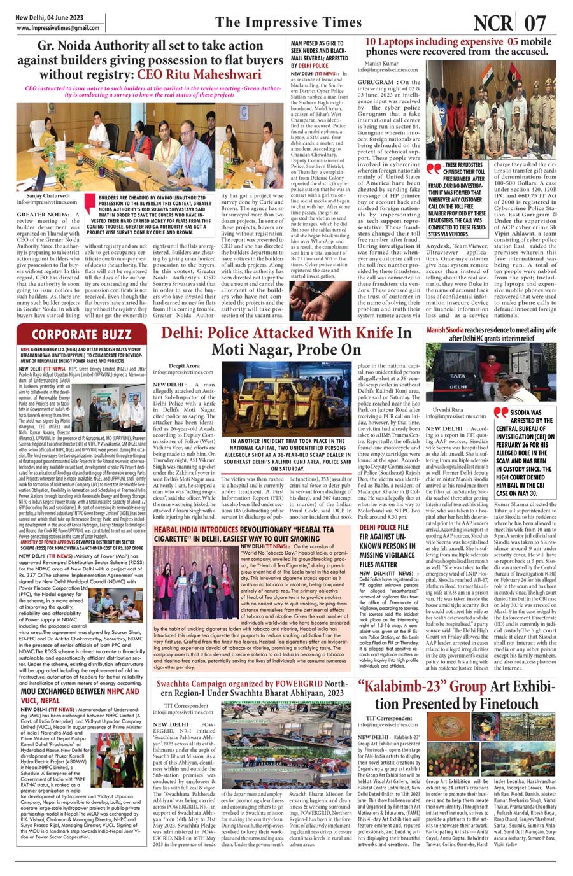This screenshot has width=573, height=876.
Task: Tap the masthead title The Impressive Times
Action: pyautogui.click(x=288, y=23)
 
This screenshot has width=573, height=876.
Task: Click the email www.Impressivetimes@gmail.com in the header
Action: pyautogui.click(x=58, y=28)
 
